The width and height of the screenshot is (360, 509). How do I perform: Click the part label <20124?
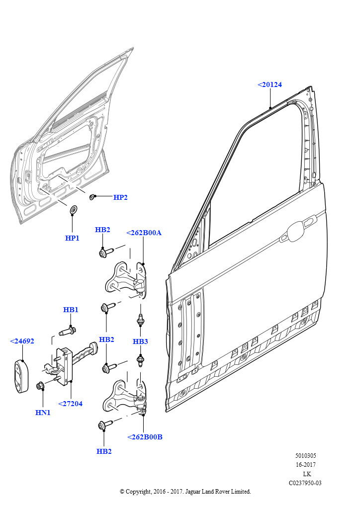[x=270, y=85]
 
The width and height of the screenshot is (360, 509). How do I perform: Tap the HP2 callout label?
[x=120, y=197]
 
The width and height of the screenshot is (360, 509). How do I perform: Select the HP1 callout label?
[x=72, y=238]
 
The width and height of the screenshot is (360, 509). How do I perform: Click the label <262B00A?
[x=144, y=233]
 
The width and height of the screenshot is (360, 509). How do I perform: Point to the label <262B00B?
[x=145, y=437]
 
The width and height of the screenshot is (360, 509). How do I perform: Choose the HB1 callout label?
[x=71, y=310]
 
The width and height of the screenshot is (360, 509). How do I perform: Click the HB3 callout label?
[x=140, y=341]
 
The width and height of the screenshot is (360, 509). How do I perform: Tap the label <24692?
[x=22, y=341]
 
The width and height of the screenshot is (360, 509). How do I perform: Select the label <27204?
[x=71, y=404]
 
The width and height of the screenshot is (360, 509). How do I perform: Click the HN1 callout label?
[x=43, y=413]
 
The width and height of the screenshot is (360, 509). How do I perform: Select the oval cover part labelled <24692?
[x=22, y=376]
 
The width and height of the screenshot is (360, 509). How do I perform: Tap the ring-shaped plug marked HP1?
[x=74, y=210]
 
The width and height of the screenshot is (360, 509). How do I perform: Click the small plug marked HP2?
[x=92, y=197]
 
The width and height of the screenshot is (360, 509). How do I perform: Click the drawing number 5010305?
[x=305, y=456]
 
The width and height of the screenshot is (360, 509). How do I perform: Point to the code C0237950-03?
[x=305, y=483]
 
